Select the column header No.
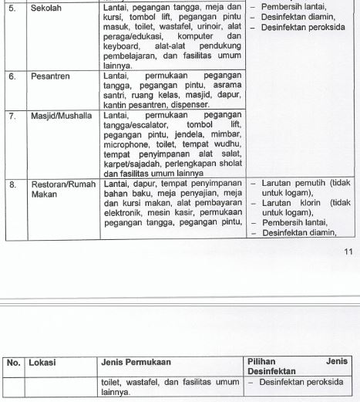[13, 362]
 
